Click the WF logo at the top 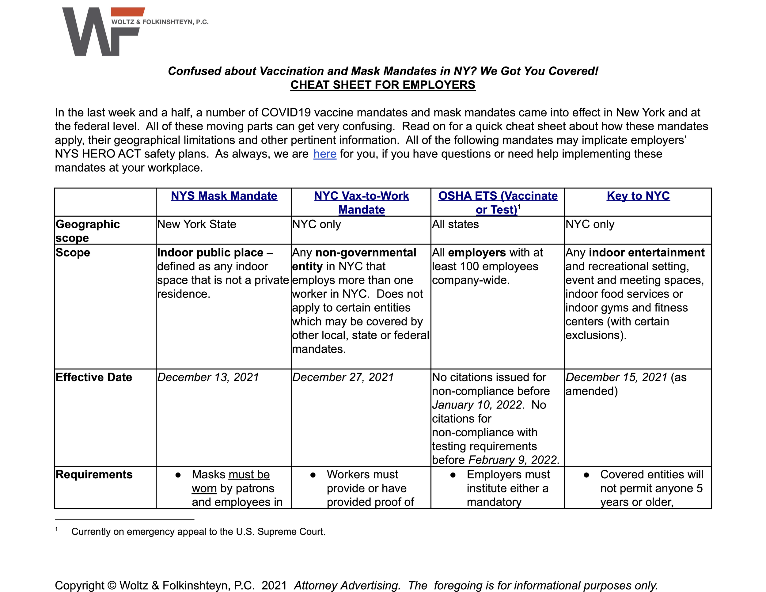tap(102, 32)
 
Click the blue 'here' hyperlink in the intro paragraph tap(324, 154)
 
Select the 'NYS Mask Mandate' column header tap(224, 196)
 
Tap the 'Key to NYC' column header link tap(638, 196)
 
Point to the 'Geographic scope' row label tap(88, 231)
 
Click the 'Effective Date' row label tap(94, 378)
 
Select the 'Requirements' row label tap(94, 475)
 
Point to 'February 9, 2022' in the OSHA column tap(514, 460)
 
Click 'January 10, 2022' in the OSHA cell tap(477, 405)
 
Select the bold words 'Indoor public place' tap(210, 252)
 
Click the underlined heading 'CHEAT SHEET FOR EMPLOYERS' tap(383, 85)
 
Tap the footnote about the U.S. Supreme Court tap(198, 532)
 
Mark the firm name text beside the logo tap(160, 22)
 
